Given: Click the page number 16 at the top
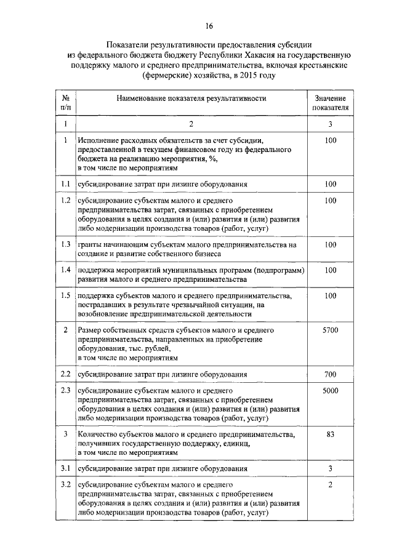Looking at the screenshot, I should click(209, 26).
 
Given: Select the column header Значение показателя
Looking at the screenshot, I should click(330, 102).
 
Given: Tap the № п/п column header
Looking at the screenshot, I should click(65, 102).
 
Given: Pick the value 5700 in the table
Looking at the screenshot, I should click(330, 331).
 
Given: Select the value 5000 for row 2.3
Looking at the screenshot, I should click(330, 391).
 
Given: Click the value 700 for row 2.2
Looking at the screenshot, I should click(330, 374).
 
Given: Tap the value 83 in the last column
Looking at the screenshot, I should click(330, 434).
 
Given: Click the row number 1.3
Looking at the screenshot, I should click(65, 244).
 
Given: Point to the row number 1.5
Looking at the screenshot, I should click(65, 296).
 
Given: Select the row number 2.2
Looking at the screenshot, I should click(65, 374).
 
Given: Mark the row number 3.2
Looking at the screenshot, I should click(65, 486).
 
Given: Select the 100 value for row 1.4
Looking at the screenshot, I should click(330, 270).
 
